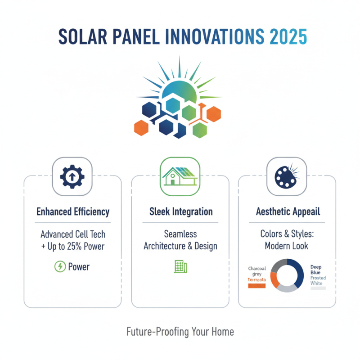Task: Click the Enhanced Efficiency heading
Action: [x=73, y=211]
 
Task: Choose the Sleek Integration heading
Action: [x=180, y=211]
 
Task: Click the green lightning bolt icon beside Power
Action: [x=59, y=267]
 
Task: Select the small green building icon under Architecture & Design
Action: [x=180, y=266]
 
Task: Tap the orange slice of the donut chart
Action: [x=274, y=279]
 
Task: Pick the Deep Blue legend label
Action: [x=316, y=270]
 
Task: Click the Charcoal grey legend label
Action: [x=257, y=271]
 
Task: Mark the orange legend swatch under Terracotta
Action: [x=257, y=286]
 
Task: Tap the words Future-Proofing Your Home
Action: [x=180, y=332]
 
